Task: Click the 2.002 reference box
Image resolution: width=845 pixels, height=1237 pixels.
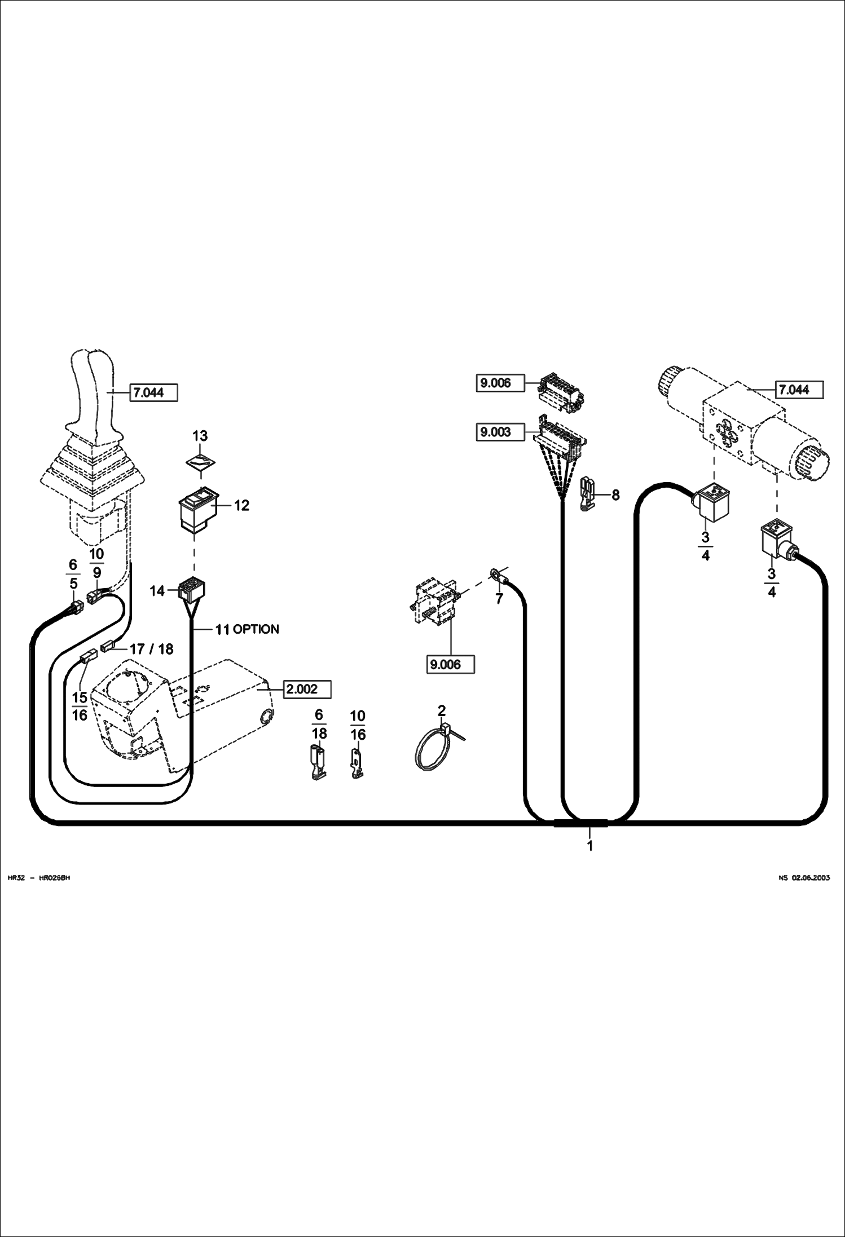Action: pyautogui.click(x=307, y=689)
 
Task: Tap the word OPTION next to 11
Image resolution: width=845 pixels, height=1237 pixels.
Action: pyautogui.click(x=256, y=629)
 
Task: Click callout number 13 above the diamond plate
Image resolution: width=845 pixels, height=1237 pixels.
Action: pyautogui.click(x=200, y=436)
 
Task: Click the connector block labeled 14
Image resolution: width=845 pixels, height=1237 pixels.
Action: pyautogui.click(x=191, y=590)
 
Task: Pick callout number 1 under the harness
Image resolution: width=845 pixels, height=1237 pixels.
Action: pyautogui.click(x=590, y=846)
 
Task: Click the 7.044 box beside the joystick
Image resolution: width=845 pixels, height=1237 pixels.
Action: pyautogui.click(x=154, y=392)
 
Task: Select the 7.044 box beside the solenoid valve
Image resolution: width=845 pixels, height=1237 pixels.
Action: pyautogui.click(x=799, y=390)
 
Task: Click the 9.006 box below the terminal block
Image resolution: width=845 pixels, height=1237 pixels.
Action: pyautogui.click(x=450, y=664)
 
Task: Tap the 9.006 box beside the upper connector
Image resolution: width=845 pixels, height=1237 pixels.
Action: pyautogui.click(x=500, y=383)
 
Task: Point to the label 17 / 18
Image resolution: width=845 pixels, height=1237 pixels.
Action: pyautogui.click(x=151, y=649)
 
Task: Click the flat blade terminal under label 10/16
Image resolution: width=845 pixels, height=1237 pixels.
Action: pyautogui.click(x=357, y=763)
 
